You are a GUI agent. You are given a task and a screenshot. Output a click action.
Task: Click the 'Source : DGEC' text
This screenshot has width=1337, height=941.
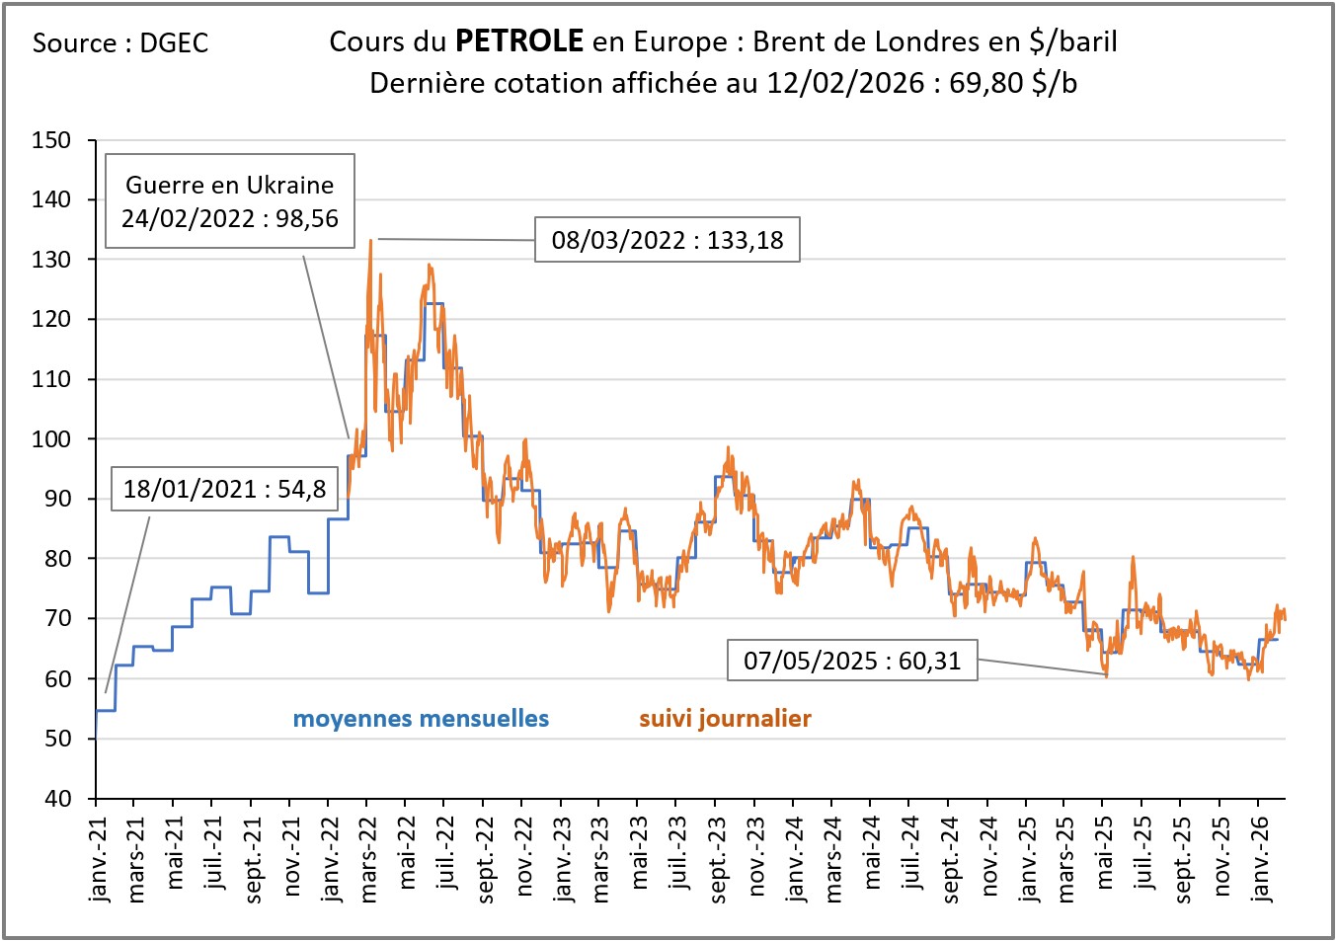tap(120, 43)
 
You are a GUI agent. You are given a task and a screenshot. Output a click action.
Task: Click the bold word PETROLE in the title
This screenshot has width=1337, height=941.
tap(519, 41)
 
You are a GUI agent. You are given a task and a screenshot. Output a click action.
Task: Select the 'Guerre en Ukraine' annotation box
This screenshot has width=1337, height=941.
tap(230, 200)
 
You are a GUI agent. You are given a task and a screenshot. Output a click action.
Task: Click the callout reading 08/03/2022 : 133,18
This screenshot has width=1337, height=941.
tap(667, 240)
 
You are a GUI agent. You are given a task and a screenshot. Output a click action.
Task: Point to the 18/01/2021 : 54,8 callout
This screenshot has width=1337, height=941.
tap(224, 489)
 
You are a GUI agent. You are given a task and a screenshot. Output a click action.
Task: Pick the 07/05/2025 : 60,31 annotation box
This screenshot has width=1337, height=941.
tap(852, 661)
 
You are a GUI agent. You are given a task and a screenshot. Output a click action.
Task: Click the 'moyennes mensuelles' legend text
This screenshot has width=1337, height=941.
tap(421, 719)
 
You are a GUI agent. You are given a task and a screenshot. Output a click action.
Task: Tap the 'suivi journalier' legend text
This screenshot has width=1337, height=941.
tap(725, 719)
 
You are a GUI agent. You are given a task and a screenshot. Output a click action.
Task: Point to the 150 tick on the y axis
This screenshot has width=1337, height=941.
tap(51, 140)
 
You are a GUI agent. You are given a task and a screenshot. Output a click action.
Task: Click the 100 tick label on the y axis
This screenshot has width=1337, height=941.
tap(51, 439)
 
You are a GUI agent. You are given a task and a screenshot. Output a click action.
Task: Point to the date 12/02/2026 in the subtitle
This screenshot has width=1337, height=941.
tap(845, 83)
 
